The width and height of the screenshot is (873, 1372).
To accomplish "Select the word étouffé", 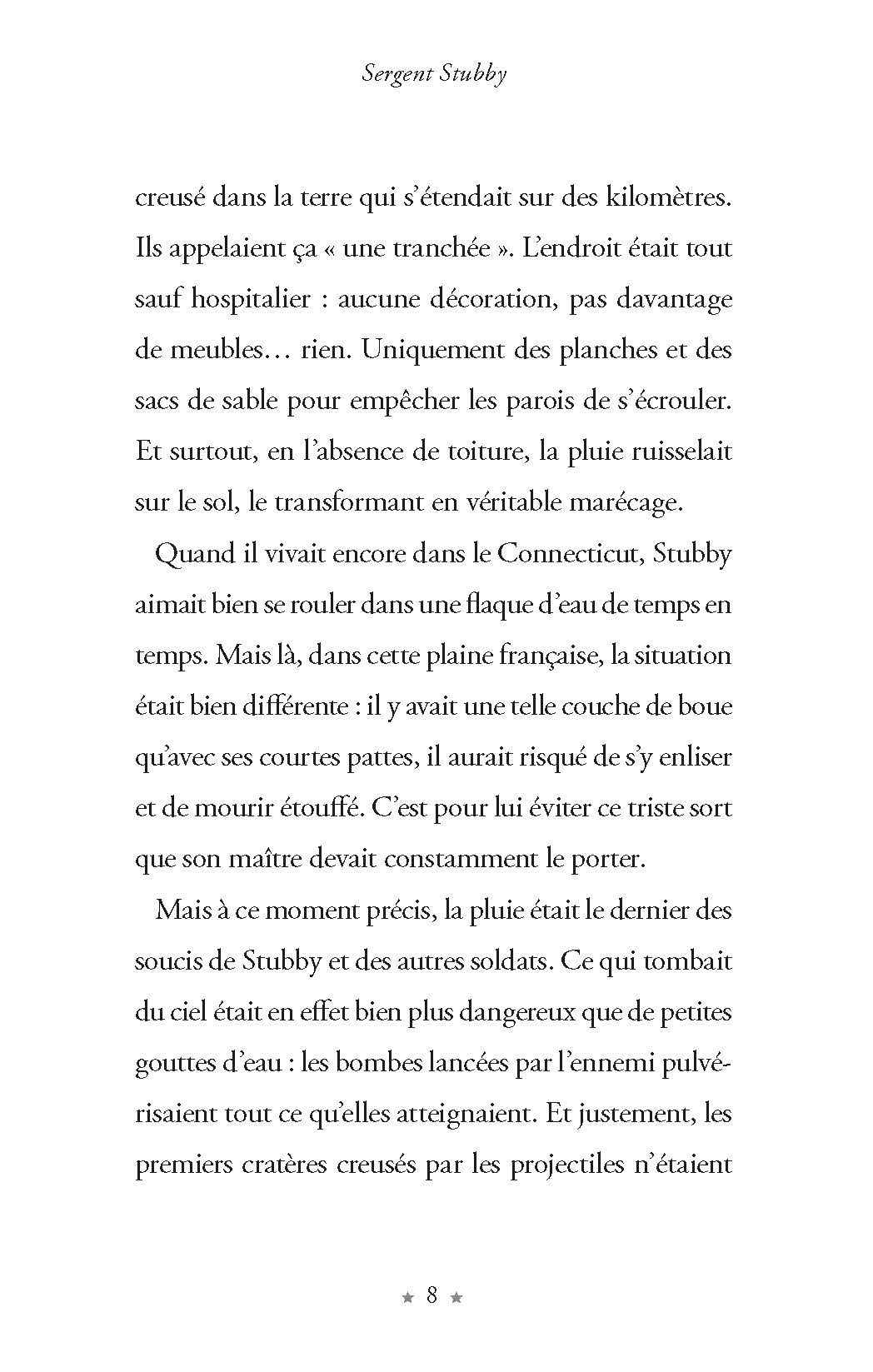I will coord(318,808).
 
